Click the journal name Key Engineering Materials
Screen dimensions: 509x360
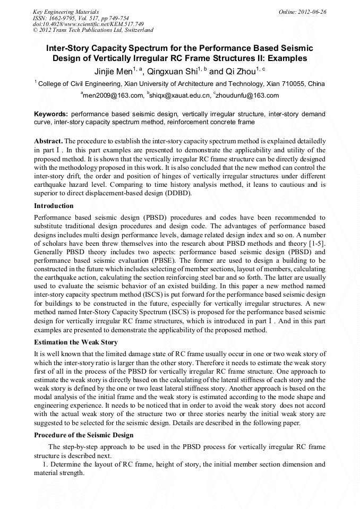tap(62, 11)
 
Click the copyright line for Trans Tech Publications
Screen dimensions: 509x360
tap(93, 30)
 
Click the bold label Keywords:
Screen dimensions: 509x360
tap(51, 114)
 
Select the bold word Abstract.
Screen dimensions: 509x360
tap(48, 141)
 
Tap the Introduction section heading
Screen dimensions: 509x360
tap(54, 205)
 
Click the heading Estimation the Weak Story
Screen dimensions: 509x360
tap(76, 342)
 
